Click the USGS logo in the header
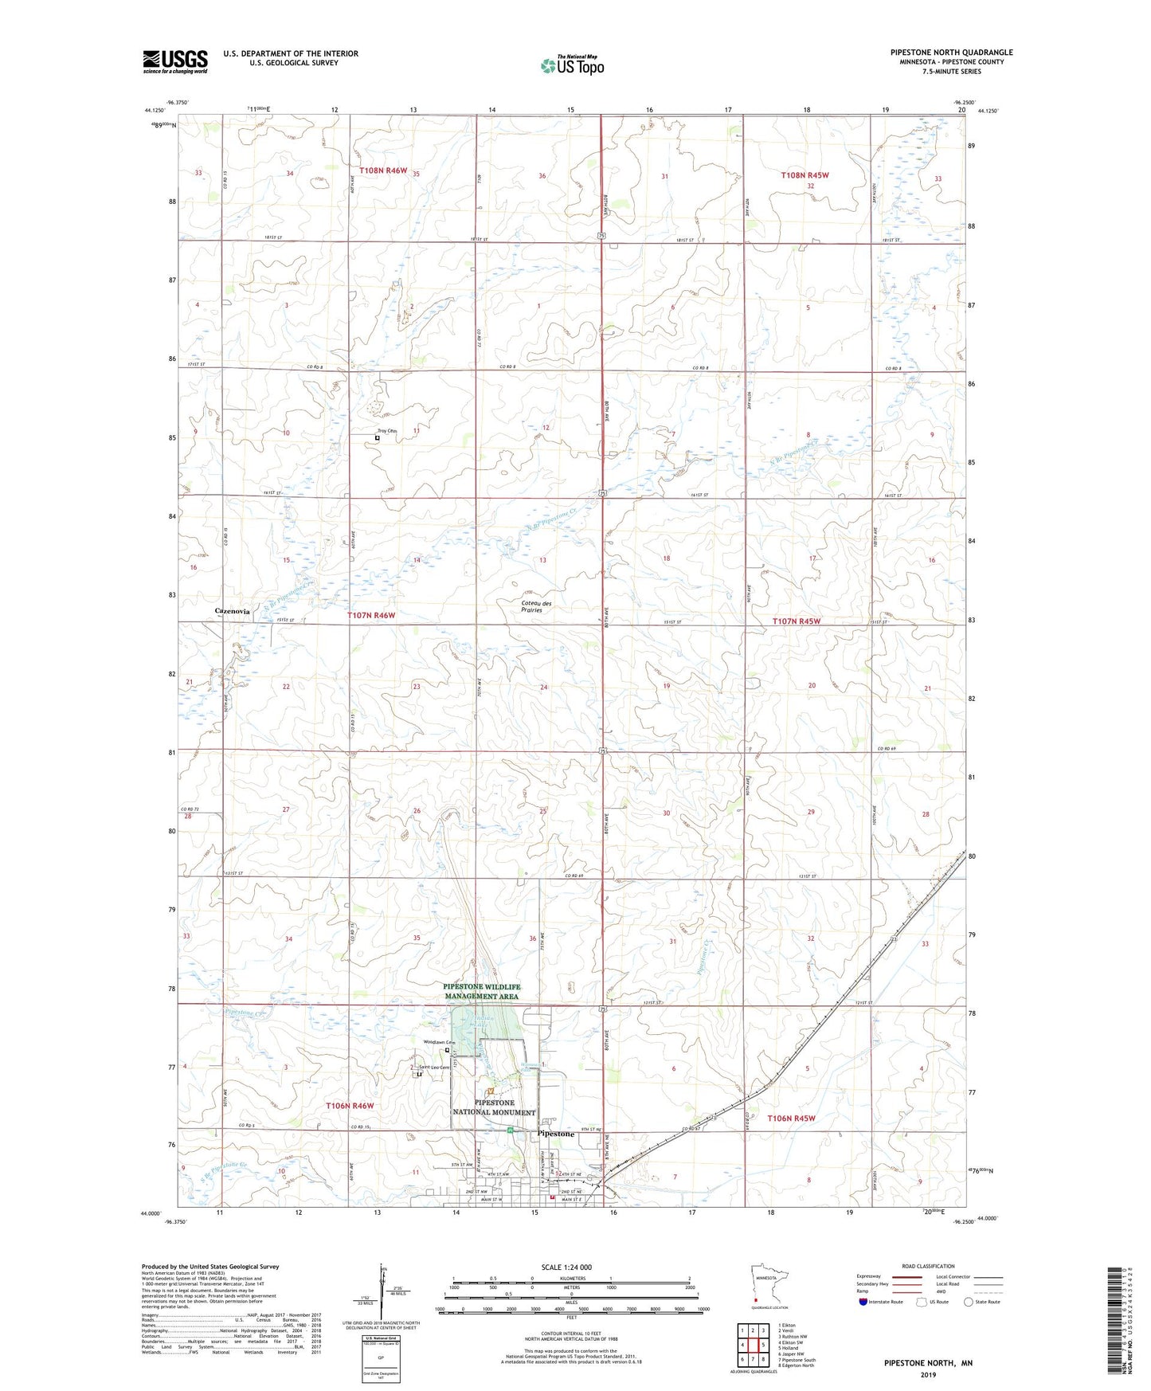coord(175,61)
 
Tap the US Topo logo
coord(572,65)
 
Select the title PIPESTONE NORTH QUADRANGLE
coord(951,53)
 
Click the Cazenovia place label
coord(233,611)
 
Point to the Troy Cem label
coord(386,431)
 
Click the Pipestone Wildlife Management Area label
coord(481,991)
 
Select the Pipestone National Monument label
coord(494,1107)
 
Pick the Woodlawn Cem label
coord(439,1042)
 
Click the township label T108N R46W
coord(383,170)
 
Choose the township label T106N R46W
coord(350,1106)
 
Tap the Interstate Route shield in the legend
coord(865,1302)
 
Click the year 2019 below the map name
coord(928,1374)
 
